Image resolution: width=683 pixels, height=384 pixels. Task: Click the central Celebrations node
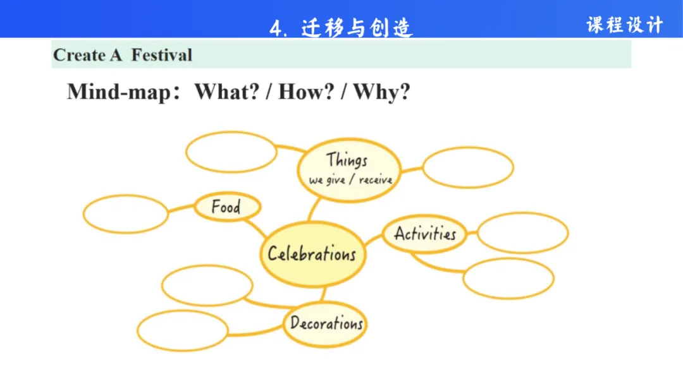coord(312,254)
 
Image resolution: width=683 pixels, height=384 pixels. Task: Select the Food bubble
coord(226,207)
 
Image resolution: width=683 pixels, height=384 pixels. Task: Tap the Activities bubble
coord(425,234)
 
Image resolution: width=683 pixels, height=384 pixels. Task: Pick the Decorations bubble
coord(325,324)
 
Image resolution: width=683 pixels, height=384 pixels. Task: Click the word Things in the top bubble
coord(347,160)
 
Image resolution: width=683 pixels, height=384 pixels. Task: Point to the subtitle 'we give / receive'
coord(350,180)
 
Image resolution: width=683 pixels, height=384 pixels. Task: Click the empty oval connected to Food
coord(126,213)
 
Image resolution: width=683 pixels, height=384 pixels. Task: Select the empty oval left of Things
coord(231,152)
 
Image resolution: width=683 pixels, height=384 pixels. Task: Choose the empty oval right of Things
coord(467,167)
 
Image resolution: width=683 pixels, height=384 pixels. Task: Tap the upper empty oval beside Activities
coord(522,232)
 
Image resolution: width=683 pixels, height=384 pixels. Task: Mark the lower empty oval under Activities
coord(508,278)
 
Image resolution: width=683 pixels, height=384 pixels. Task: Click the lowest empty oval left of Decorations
coord(182,330)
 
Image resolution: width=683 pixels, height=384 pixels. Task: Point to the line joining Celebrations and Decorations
coord(323,294)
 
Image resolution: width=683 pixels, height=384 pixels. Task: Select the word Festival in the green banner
coord(161,55)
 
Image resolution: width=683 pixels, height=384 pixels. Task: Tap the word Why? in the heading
coord(382,92)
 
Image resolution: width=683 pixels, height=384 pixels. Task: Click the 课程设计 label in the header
coord(624,25)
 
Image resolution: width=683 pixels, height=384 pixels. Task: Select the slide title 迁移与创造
coord(357,28)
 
